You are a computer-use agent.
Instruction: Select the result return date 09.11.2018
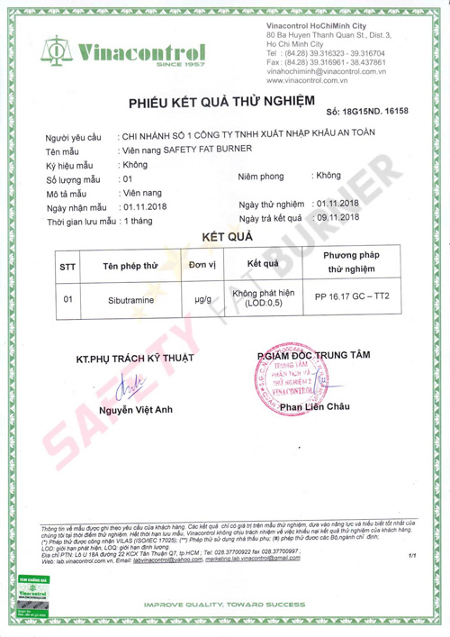336,218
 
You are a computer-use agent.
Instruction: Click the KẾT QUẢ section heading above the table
226,239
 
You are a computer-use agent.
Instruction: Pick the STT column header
67,268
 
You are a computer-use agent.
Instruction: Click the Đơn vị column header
203,266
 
